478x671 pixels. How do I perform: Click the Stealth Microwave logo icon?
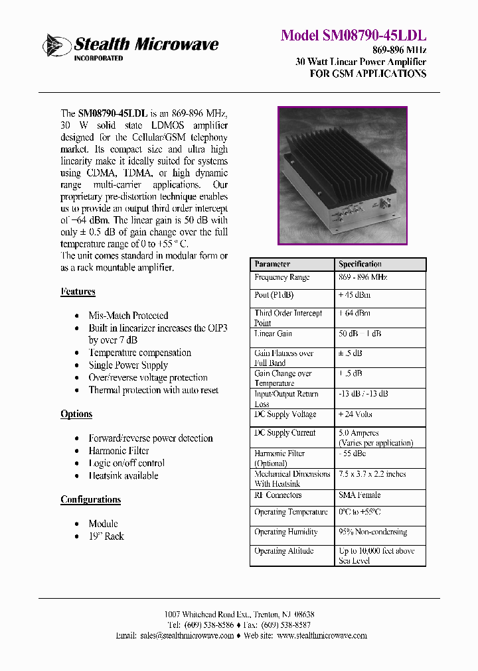[x=57, y=45]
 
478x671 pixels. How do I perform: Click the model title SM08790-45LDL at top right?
[x=353, y=35]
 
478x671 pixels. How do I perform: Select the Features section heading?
[x=78, y=292]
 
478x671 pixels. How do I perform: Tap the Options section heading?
[x=76, y=414]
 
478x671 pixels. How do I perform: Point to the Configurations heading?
[x=90, y=500]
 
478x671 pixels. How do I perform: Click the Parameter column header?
[x=272, y=264]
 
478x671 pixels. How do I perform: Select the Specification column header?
[x=360, y=264]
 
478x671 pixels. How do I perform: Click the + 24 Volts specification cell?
[x=355, y=415]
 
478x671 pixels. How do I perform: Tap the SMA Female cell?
[x=359, y=495]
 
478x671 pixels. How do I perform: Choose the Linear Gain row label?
[x=273, y=334]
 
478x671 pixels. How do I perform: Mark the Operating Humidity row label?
[x=285, y=532]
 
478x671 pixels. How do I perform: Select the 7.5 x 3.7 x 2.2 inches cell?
[x=372, y=475]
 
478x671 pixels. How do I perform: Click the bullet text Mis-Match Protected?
[x=128, y=316]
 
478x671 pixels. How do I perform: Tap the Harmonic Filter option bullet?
[x=118, y=451]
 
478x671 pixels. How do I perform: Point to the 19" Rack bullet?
[x=106, y=536]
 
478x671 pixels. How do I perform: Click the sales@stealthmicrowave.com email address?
[x=187, y=635]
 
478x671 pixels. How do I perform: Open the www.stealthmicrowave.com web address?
[x=321, y=635]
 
